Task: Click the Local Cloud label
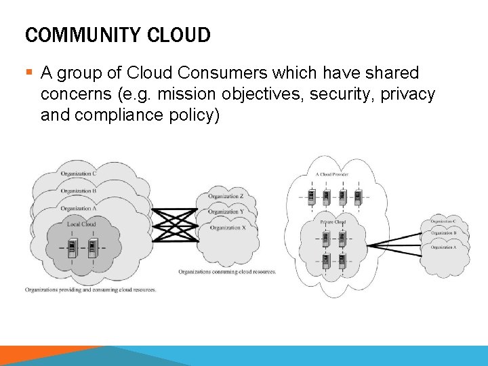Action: click(x=81, y=224)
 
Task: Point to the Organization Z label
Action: click(x=226, y=196)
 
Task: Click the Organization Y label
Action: click(x=226, y=211)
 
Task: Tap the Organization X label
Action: click(x=226, y=228)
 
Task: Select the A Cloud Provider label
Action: click(x=332, y=174)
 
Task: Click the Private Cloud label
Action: click(x=333, y=222)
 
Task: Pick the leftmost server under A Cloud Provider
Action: click(x=310, y=197)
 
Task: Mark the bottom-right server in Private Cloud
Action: click(x=342, y=260)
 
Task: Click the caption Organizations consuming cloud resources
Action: click(x=228, y=272)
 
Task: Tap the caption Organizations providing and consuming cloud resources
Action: click(x=91, y=289)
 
